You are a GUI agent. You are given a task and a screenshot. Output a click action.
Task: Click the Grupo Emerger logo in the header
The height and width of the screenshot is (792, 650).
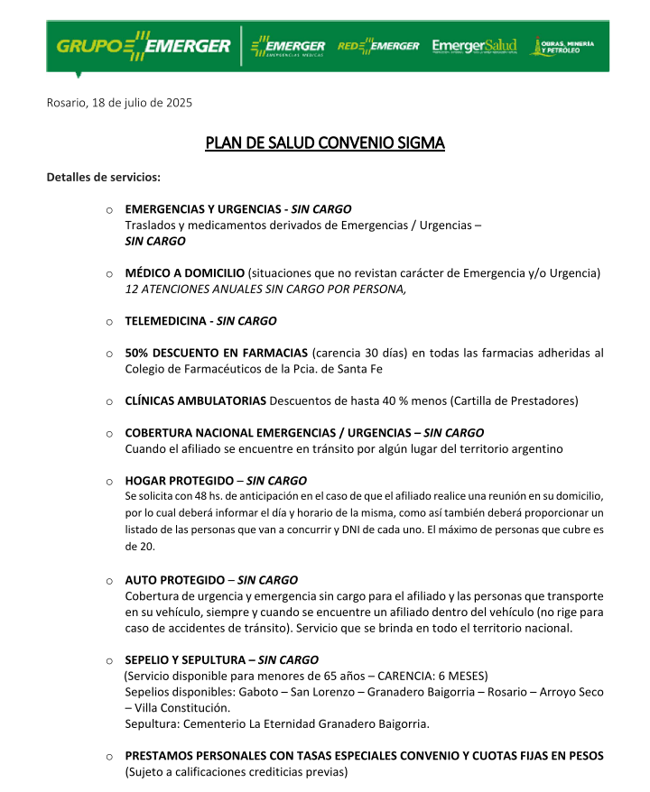click(x=143, y=46)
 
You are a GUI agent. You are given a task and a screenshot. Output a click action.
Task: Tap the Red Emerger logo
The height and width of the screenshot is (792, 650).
click(x=378, y=46)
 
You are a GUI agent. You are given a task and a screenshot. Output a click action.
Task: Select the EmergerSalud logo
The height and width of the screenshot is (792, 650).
click(x=474, y=46)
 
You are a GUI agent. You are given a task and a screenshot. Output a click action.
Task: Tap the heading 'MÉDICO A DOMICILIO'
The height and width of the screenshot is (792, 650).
click(x=184, y=272)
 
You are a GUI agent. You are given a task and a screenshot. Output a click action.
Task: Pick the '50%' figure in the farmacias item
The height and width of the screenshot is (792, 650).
click(x=137, y=353)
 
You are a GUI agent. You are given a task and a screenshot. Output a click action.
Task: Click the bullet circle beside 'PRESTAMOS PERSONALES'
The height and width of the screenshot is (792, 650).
click(x=108, y=756)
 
